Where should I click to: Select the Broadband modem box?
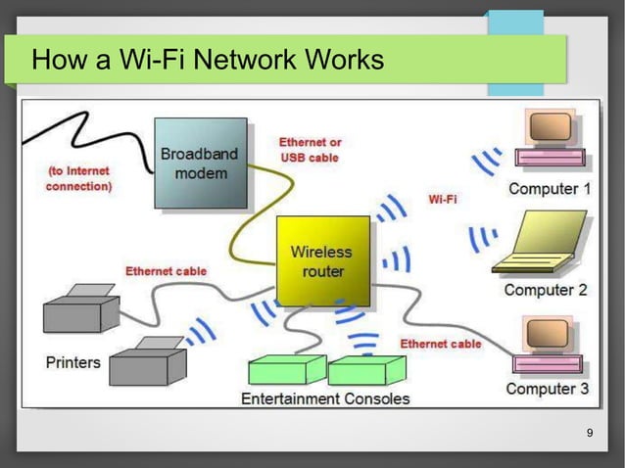200,164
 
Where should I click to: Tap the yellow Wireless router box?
322,260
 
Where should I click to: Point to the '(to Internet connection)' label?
79,177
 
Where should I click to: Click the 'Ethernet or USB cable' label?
311,149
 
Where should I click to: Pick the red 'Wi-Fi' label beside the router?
443,199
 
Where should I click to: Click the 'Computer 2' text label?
546,290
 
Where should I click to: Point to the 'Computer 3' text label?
547,389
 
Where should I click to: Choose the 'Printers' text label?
73,362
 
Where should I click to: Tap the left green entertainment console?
286,369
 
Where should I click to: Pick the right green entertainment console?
366,369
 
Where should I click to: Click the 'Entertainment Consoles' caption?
325,398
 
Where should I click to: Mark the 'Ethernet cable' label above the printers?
166,270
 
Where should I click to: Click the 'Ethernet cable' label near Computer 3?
440,344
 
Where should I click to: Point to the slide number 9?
589,434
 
